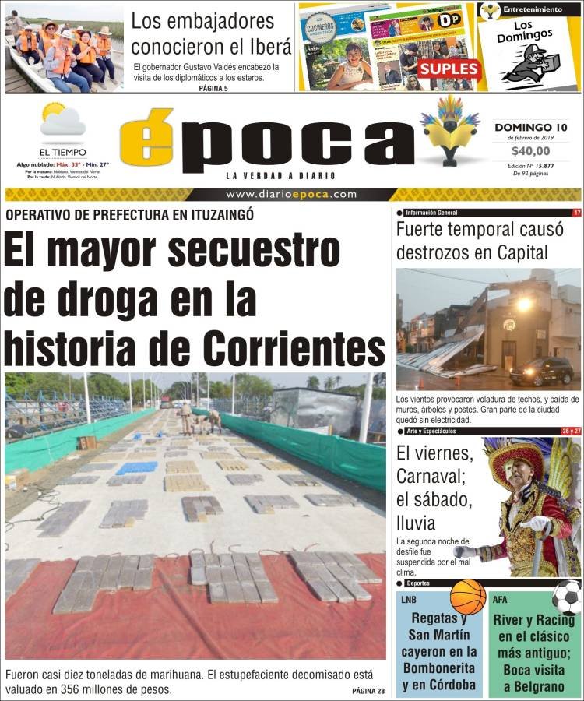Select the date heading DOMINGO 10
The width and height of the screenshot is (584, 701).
pos(530,126)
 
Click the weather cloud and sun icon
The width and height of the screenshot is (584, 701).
pos(62,121)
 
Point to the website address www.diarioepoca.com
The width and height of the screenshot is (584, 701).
pos(291,195)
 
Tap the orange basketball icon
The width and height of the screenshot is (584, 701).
pos(467,597)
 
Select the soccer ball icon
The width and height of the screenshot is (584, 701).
pos(566,597)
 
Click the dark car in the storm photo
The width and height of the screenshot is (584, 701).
pos(541,371)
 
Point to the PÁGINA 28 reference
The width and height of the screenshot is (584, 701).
pos(368,692)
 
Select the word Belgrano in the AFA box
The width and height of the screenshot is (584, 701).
pos(534,685)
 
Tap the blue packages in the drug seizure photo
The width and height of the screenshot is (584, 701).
pos(136,467)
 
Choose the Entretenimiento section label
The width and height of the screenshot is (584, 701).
pos(533,9)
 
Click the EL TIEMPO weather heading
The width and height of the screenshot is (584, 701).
pos(63,152)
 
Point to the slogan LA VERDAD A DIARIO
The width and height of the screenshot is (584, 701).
pos(269,175)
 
